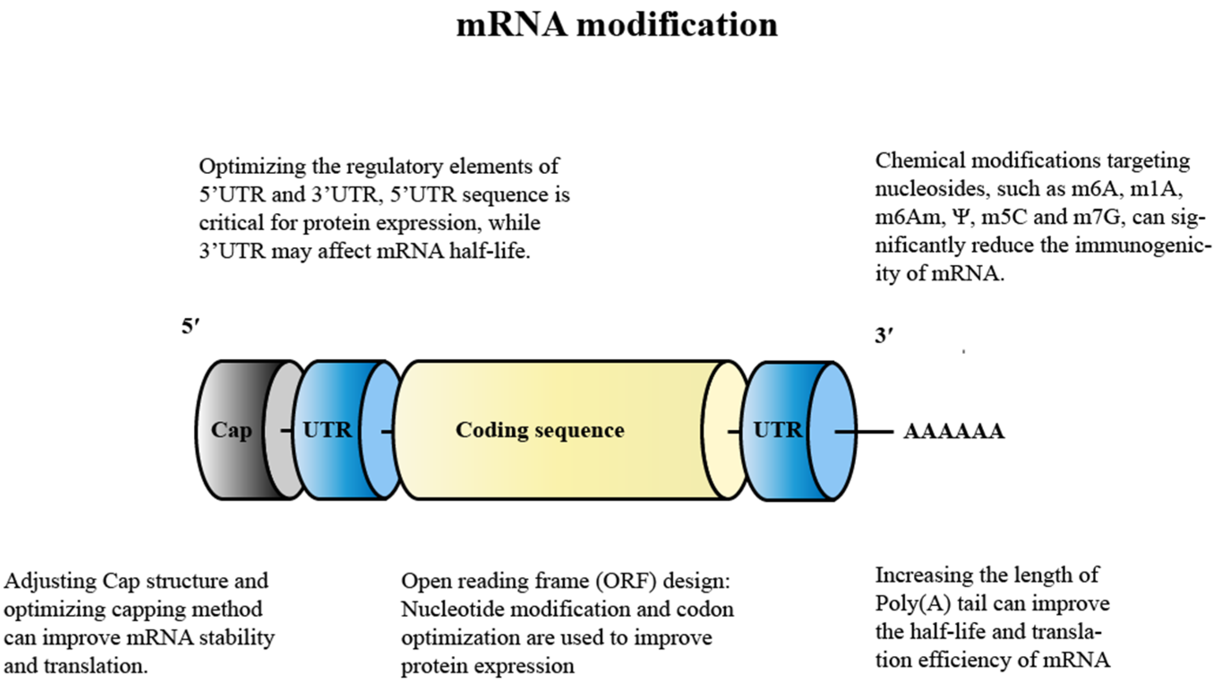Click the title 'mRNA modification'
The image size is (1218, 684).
(x=616, y=25)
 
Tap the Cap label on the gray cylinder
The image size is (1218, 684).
(x=231, y=430)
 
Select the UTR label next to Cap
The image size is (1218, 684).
(x=327, y=430)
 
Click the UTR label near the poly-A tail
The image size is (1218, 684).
(x=778, y=430)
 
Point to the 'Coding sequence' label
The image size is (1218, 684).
(x=540, y=430)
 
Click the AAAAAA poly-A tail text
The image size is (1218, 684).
(x=954, y=431)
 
